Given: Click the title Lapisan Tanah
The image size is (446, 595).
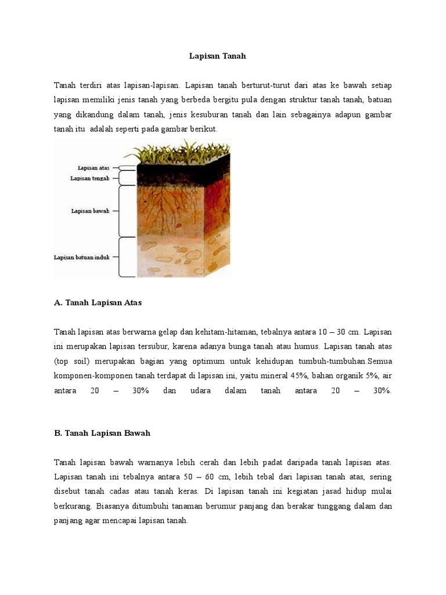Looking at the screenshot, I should pyautogui.click(x=218, y=56).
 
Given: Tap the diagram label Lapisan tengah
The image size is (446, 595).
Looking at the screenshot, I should pyautogui.click(x=90, y=178).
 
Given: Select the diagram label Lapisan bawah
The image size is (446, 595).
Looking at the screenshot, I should pyautogui.click(x=90, y=211).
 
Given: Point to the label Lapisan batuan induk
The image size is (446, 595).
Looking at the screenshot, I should pyautogui.click(x=82, y=257).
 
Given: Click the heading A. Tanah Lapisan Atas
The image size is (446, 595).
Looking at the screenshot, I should pyautogui.click(x=98, y=303).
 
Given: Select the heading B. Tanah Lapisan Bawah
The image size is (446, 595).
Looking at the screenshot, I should pyautogui.click(x=102, y=433).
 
